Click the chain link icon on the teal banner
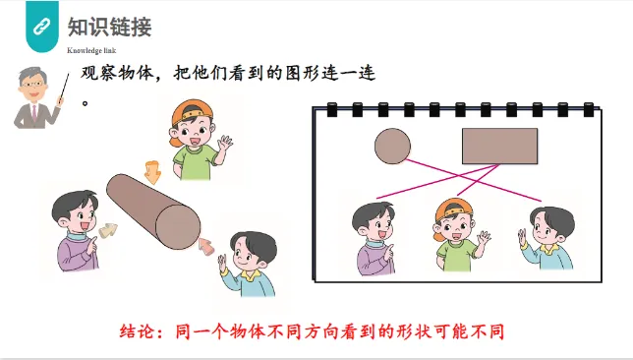[x=41, y=27]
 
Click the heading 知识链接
[x=109, y=28]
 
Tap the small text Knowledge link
[x=91, y=50]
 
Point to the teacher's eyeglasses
[x=32, y=85]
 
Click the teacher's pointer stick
[x=64, y=87]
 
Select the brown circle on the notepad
[x=392, y=146]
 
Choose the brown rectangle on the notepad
[x=499, y=146]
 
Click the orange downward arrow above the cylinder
[x=153, y=172]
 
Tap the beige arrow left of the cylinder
[x=107, y=231]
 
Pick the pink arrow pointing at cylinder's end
[x=206, y=246]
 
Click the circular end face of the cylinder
[x=178, y=226]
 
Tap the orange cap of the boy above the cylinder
[x=191, y=111]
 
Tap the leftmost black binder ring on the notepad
[x=331, y=109]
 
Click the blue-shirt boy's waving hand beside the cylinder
[x=223, y=263]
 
